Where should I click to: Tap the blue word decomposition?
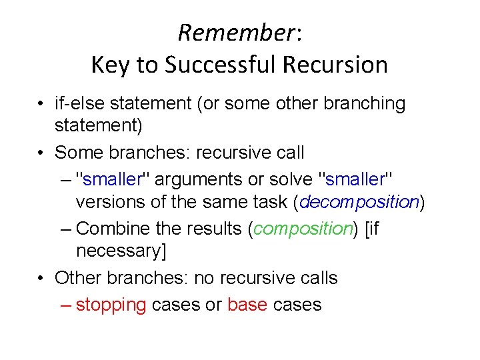(361, 202)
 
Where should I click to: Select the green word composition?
(303, 228)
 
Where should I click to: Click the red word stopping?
(111, 305)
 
